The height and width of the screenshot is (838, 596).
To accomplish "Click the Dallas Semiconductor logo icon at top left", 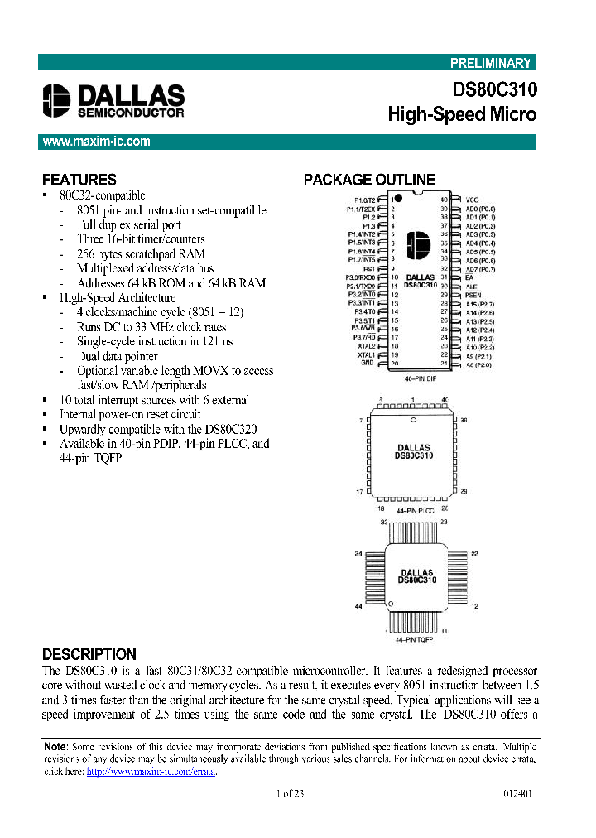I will pos(58,99).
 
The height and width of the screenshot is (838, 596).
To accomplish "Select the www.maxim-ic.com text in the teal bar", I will pos(97,142).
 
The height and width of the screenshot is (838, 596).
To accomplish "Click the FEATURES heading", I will pos(79,180).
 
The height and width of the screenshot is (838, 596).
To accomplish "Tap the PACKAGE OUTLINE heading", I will pos(369,180).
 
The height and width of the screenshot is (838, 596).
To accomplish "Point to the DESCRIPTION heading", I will pos(89,654).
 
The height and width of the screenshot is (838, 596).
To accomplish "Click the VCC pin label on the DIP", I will pos(472,200).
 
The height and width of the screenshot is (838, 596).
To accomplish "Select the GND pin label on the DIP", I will pos(368,363).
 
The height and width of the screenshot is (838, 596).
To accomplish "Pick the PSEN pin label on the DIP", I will pos(473,294).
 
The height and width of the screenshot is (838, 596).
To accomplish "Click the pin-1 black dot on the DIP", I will pos(398,199).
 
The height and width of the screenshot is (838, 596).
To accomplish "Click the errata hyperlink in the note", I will pos(151,771).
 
